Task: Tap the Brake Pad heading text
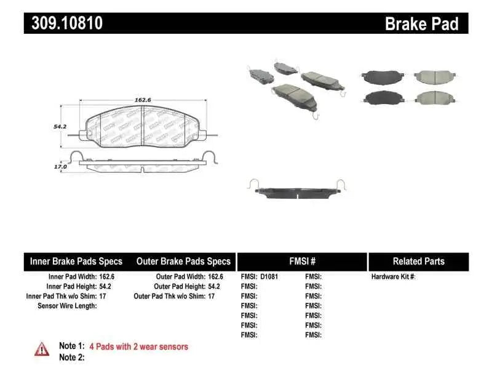421,23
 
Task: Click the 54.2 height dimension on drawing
60,126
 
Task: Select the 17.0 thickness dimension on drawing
59,166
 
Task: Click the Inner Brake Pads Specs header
76,261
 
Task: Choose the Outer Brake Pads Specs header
183,261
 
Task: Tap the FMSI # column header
301,261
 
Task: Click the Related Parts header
418,261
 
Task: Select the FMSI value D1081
269,277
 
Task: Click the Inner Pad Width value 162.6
106,277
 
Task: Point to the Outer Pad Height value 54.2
215,286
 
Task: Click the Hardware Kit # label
394,277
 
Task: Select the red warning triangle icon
41,348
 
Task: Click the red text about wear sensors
138,347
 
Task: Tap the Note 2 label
71,358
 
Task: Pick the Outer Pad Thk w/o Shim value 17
212,296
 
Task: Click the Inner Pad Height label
71,286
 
